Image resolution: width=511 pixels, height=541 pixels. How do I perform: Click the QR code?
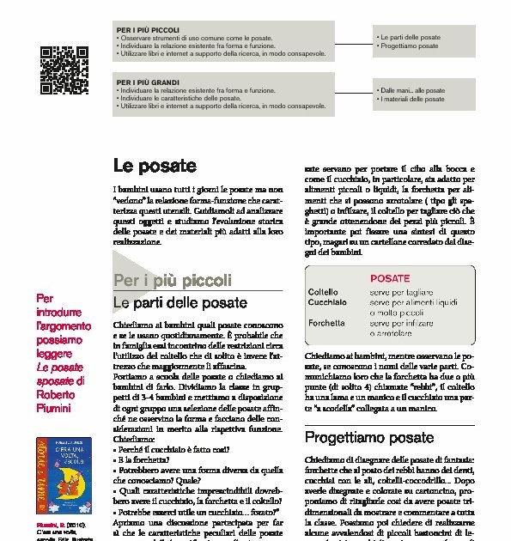pos(65,70)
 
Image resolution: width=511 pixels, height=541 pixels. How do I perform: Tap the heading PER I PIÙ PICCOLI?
pos(148,30)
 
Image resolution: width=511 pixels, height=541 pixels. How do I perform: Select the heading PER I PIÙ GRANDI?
pos(148,82)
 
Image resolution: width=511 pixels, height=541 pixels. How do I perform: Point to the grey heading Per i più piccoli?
pos(172,281)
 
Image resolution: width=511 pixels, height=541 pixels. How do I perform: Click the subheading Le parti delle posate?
pos(180,302)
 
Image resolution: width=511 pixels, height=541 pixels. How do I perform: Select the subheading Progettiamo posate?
pos(369,437)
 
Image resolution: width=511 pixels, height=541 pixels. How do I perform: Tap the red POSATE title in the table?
pos(390,278)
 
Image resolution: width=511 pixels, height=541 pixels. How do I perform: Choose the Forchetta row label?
pos(326,323)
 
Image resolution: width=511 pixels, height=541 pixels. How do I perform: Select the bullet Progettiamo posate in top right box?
pos(409,46)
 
